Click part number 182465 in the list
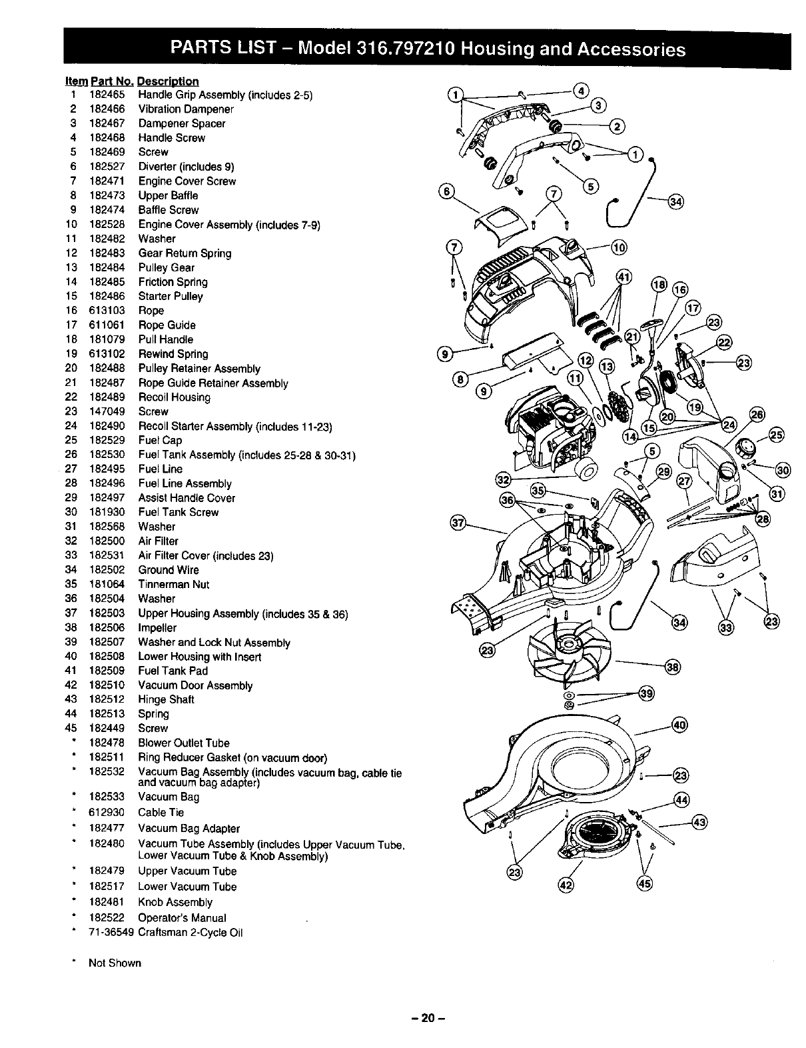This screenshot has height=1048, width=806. (x=107, y=95)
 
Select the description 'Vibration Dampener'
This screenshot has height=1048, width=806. (x=186, y=109)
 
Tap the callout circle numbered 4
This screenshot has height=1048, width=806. (x=580, y=91)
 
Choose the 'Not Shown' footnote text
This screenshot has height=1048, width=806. (x=115, y=963)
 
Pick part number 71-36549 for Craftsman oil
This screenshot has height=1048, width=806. (x=111, y=932)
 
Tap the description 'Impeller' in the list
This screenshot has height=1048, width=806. (x=157, y=628)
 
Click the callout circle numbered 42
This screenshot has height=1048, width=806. (x=565, y=885)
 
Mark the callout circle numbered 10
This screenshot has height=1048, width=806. (x=619, y=249)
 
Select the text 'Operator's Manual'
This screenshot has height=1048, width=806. (x=182, y=918)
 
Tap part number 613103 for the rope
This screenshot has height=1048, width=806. (x=107, y=311)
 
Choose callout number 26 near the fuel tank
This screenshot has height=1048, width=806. (x=757, y=414)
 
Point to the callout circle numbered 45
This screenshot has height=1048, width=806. (x=645, y=884)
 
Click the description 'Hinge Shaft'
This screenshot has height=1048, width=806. (x=166, y=700)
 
